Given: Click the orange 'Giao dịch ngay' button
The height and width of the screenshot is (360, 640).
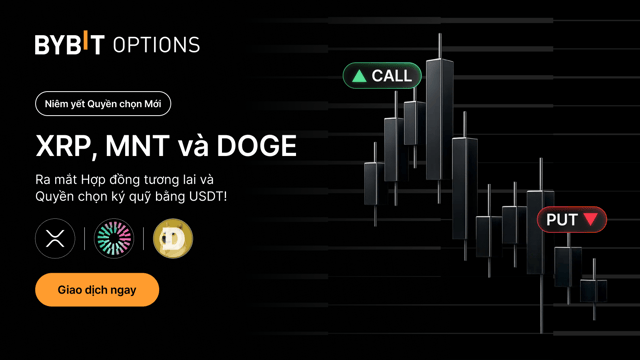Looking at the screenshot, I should coord(97,290).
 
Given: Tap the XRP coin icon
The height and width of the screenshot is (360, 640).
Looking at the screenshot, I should coord(55,239).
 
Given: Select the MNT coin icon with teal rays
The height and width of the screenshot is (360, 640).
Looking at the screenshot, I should coord(114,239).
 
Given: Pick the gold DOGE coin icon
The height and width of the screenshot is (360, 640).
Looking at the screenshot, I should coord(173,239).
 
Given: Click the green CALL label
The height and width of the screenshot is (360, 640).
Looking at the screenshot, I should coord(382,75).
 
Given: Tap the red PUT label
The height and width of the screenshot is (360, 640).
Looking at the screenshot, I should coord(572,219).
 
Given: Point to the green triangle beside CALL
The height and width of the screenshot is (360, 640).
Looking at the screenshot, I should coord(359,76).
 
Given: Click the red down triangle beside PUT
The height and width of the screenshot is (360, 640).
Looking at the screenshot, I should coord(591,219).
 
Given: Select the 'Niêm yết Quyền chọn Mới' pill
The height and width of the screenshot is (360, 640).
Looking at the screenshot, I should coord(102,103).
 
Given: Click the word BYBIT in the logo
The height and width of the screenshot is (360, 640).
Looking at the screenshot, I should coord(69,44).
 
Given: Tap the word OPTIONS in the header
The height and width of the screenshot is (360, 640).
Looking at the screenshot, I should coord(156,45).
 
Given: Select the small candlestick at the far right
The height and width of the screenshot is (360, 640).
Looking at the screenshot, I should coord(594,290).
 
